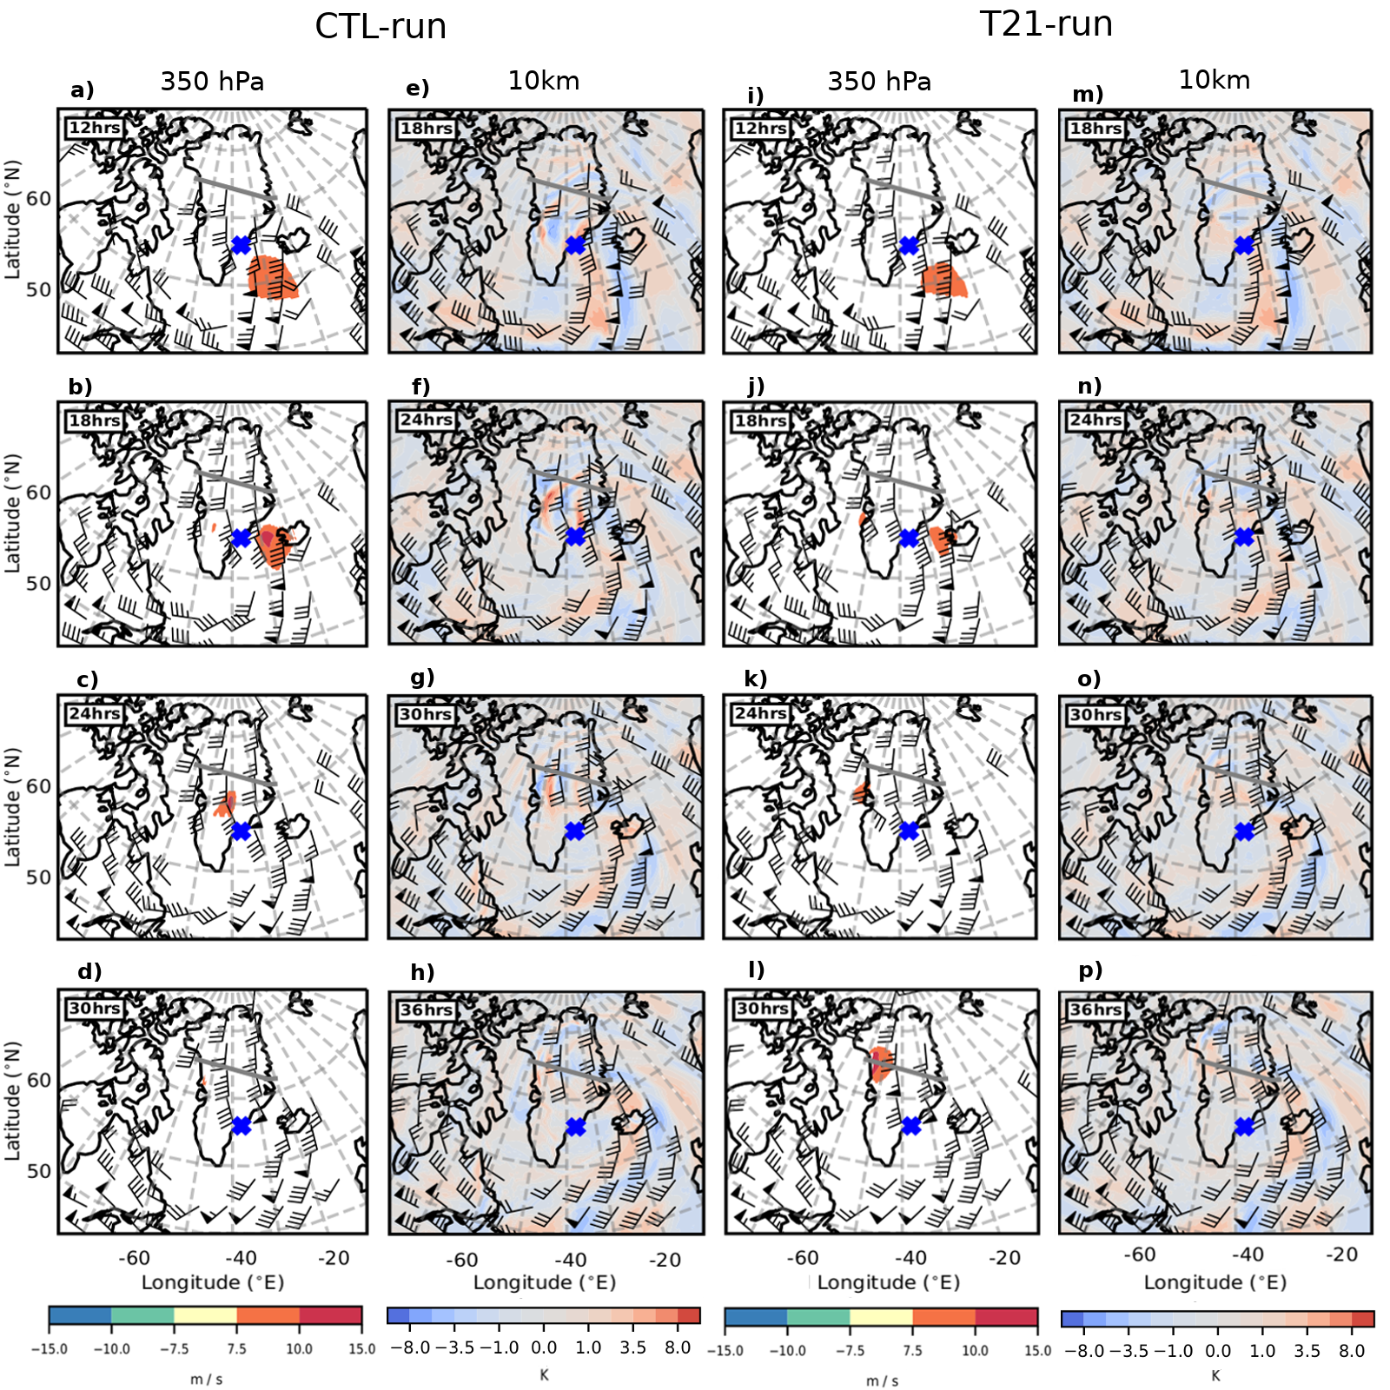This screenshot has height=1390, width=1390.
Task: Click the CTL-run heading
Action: [x=381, y=27]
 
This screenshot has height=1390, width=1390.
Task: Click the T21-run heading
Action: [x=1046, y=24]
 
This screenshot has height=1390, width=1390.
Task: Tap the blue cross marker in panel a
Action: [x=242, y=245]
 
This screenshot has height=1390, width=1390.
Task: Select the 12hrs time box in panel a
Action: [x=95, y=128]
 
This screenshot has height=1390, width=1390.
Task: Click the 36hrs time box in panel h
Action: [x=426, y=1009]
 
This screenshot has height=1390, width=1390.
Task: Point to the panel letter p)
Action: [x=1090, y=970]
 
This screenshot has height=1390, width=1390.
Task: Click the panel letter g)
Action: [x=422, y=677]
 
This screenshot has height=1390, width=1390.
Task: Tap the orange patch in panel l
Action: [x=881, y=1063]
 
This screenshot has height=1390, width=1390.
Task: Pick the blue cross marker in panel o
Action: [x=1244, y=831]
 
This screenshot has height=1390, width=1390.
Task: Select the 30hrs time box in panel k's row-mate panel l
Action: [x=762, y=1009]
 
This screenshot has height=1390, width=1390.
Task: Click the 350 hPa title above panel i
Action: [x=879, y=82]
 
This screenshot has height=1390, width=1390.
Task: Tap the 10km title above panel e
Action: [x=544, y=81]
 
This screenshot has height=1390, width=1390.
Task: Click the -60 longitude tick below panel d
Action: [x=134, y=1257]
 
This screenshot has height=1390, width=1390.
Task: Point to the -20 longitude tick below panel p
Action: [x=1341, y=1254]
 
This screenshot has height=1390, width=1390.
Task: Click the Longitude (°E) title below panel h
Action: [x=545, y=1282]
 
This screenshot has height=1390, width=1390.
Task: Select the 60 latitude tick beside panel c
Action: [x=39, y=786]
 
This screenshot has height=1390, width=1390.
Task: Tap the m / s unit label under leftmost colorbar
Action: [x=206, y=1380]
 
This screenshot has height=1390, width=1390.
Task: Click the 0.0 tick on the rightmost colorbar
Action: [x=1218, y=1351]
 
